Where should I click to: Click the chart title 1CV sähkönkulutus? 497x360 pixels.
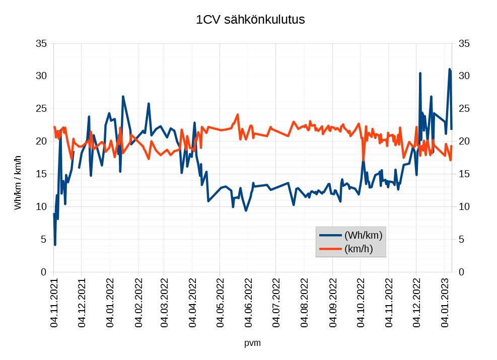(x=250, y=20)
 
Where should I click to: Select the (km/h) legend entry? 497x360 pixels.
(x=359, y=249)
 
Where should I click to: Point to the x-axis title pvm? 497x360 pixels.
(x=252, y=343)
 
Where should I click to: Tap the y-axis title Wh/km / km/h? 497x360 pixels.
(x=18, y=183)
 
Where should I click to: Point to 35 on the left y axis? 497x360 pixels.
(x=42, y=43)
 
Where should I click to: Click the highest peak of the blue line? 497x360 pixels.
(x=450, y=69)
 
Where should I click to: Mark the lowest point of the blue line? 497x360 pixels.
(x=55, y=245)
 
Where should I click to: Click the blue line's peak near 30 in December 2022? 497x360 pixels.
(x=420, y=74)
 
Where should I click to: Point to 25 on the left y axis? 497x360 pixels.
(x=42, y=108)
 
